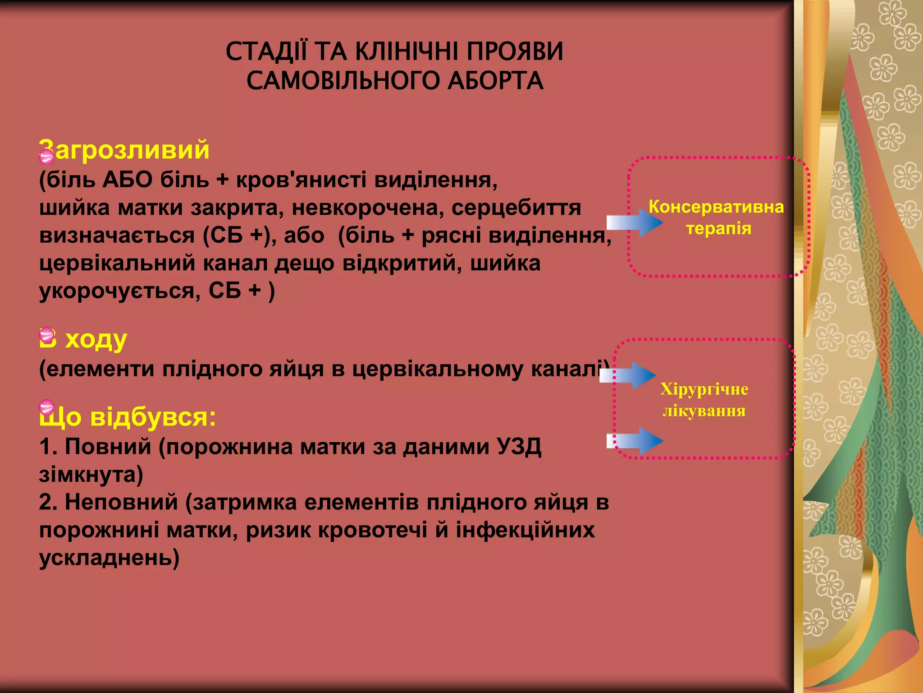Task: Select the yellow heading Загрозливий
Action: pyautogui.click(x=125, y=149)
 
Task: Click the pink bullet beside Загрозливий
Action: pyautogui.click(x=46, y=156)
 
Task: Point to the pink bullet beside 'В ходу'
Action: pyautogui.click(x=47, y=335)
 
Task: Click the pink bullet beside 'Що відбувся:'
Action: pyautogui.click(x=46, y=407)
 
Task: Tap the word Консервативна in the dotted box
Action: pyautogui.click(x=716, y=207)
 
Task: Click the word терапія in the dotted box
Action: pyautogui.click(x=719, y=228)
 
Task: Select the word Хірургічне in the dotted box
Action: pyautogui.click(x=704, y=389)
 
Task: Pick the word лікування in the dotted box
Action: pyautogui.click(x=704, y=411)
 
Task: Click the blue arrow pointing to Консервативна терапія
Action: pyautogui.click(x=635, y=222)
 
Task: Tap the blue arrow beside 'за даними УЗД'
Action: pyautogui.click(x=635, y=441)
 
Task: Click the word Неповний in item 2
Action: pyautogui.click(x=121, y=502)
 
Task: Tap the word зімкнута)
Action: pyautogui.click(x=91, y=475)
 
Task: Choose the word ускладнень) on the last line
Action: pyautogui.click(x=109, y=558)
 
